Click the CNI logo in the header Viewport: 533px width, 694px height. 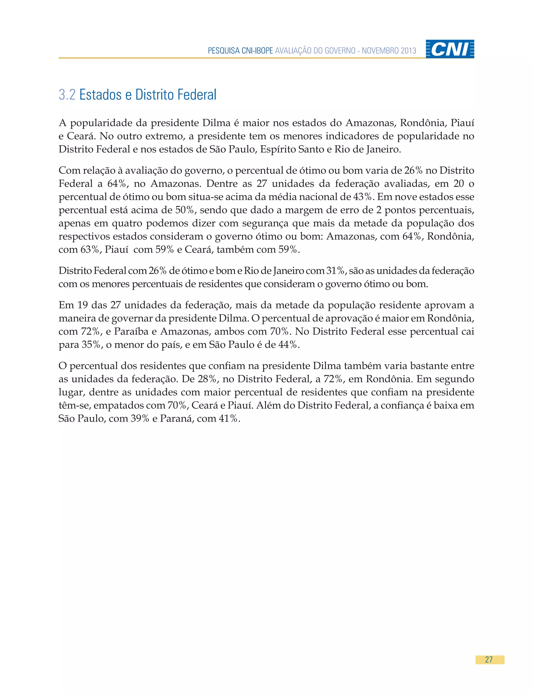[x=450, y=49]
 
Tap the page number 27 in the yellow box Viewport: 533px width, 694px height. [x=489, y=660]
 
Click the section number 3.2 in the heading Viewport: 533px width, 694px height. [x=67, y=95]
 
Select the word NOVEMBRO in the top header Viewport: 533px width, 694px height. [x=380, y=51]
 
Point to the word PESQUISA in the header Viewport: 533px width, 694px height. [x=224, y=51]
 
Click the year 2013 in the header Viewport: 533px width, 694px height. [x=408, y=51]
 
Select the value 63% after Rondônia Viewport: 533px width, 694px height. [x=90, y=250]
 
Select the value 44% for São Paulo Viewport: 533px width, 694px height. [x=288, y=345]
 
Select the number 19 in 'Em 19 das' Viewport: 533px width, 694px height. [x=83, y=305]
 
